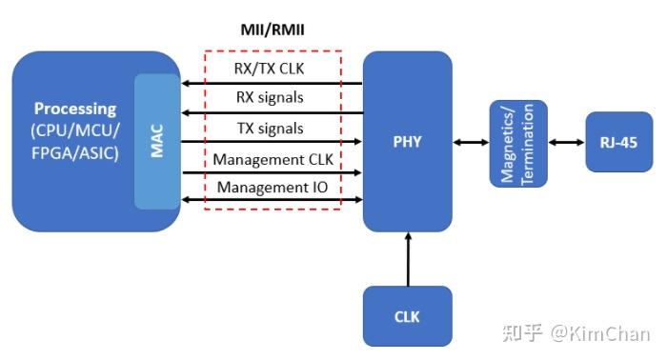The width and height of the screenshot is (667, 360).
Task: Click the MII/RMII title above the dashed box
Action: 273,30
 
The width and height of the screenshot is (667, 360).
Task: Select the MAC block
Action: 157,141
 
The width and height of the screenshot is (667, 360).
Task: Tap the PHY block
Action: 407,142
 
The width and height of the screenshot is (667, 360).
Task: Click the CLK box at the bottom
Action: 407,316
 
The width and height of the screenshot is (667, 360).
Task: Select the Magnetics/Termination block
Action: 518,142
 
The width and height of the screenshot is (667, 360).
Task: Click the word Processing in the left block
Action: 75,109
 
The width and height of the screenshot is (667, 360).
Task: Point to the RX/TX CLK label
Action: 273,70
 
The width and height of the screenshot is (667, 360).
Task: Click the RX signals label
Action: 273,98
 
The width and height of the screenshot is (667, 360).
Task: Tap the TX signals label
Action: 273,128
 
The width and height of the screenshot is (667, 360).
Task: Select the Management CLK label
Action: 273,158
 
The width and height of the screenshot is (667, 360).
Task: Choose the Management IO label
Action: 273,187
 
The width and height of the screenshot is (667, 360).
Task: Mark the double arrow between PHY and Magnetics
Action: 470,142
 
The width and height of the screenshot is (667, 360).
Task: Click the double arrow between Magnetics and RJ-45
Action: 566,142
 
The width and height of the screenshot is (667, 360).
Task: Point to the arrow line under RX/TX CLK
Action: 273,84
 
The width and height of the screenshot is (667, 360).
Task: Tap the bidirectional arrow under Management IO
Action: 273,200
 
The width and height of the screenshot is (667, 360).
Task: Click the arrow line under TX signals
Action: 273,142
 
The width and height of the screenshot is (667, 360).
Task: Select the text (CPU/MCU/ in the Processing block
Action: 75,130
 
